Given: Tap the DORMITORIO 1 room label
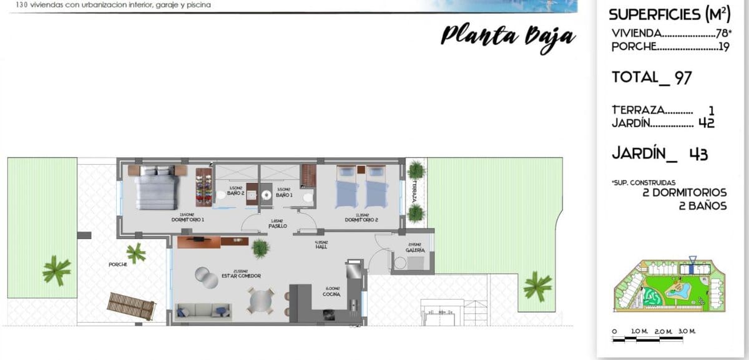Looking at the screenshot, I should (x=188, y=220).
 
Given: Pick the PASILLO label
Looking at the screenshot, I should (x=278, y=225).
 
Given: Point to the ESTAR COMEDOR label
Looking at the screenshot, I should (x=240, y=275).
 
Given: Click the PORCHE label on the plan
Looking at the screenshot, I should (x=118, y=265).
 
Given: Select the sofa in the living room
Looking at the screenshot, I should (x=203, y=311).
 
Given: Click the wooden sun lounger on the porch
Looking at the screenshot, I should (x=130, y=306).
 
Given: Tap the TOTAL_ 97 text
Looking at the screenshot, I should (x=652, y=78).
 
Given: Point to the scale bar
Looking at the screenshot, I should (x=654, y=339).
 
